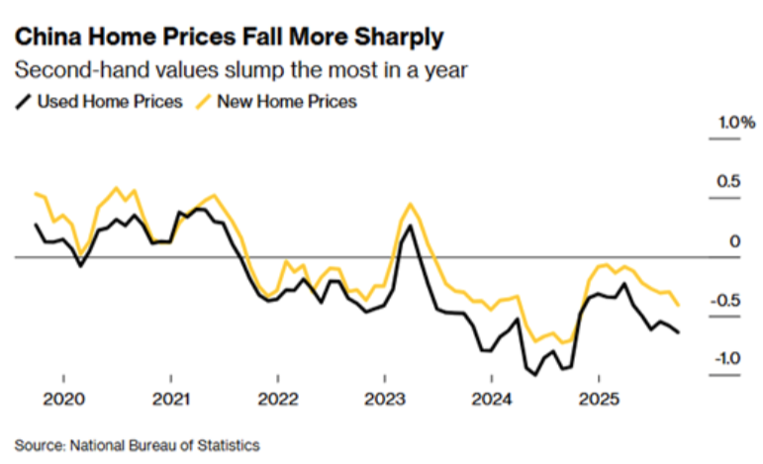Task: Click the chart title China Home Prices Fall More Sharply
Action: click(x=229, y=39)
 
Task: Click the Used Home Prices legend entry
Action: click(x=101, y=102)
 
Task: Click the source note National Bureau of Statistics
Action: click(x=137, y=444)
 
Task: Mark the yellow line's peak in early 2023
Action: click(x=410, y=204)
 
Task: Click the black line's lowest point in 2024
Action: click(x=535, y=375)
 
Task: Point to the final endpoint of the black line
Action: click(x=679, y=332)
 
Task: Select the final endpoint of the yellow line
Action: click(x=678, y=305)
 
